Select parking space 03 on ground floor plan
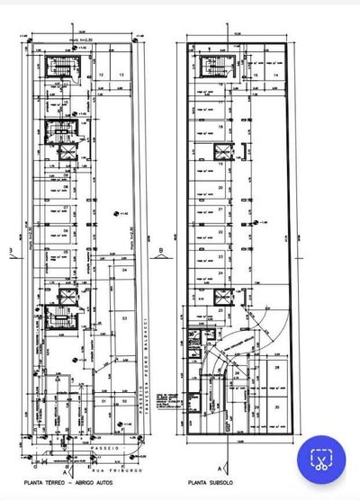tap(124, 318)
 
